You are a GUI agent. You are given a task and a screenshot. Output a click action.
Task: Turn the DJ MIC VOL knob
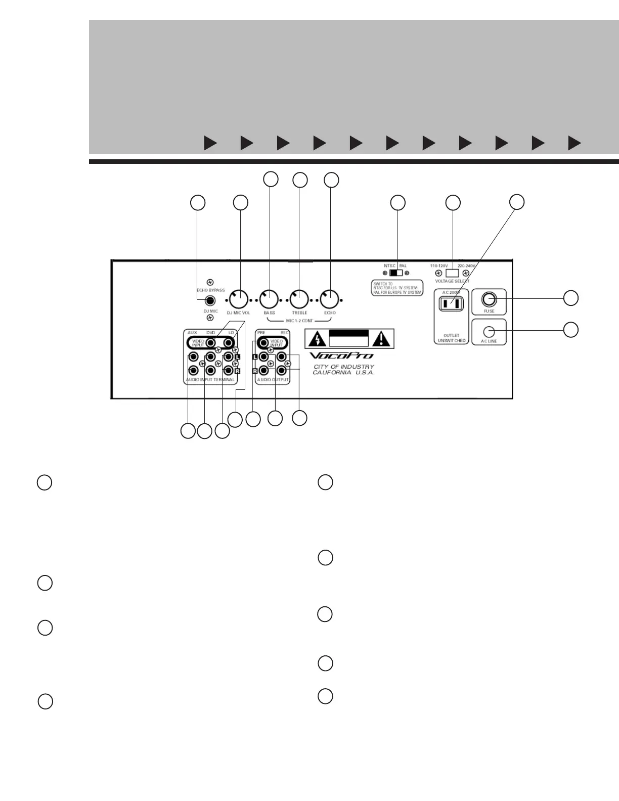coord(239,299)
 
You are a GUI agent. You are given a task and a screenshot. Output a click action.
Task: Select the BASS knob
coord(269,299)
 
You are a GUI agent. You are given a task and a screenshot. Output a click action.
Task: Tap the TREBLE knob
coord(299,299)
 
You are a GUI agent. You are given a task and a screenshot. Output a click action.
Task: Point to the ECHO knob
coord(330,299)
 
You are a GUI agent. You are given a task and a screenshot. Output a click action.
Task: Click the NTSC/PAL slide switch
coord(396,273)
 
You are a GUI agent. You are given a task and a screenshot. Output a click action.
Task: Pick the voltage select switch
coord(452,273)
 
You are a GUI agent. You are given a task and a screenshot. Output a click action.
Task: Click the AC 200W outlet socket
coord(451,303)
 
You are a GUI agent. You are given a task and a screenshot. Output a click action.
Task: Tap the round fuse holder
coord(489,299)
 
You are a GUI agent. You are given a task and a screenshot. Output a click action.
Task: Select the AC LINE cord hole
coord(489,331)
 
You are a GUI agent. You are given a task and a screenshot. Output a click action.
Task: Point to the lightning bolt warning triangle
coord(316,338)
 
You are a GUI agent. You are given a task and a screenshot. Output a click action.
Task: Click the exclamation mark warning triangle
coord(382,338)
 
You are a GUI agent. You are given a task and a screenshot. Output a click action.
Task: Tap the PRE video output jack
coord(263,343)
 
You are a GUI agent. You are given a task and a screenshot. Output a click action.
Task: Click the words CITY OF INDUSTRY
coord(344,367)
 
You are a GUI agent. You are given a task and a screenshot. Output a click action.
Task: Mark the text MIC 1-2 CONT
coord(299,321)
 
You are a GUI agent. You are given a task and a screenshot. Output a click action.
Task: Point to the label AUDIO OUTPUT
coord(273,380)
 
